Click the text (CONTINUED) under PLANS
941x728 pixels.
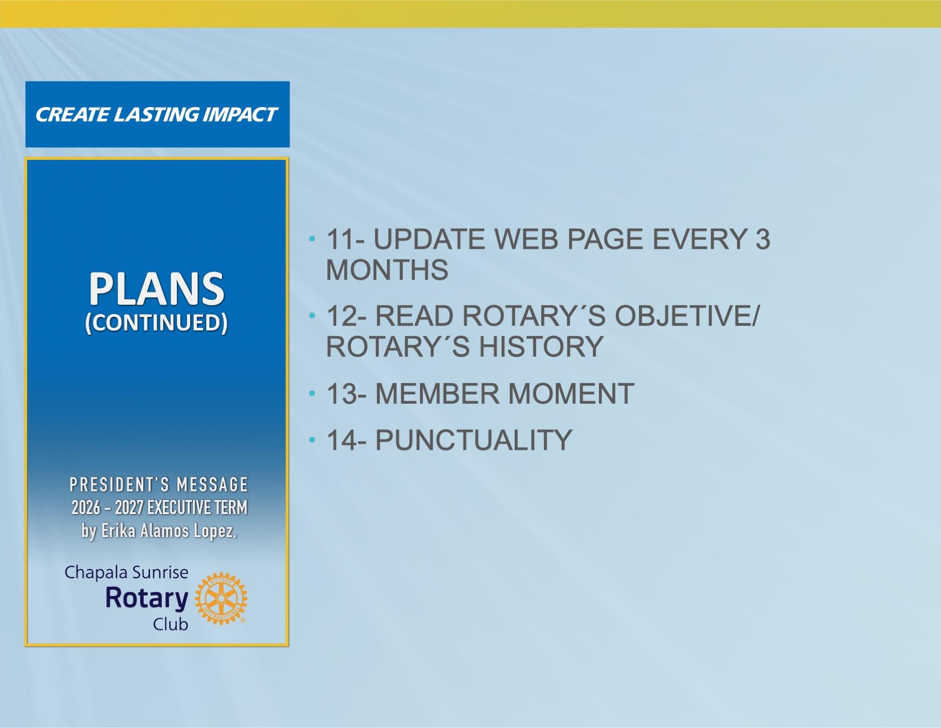coord(156,323)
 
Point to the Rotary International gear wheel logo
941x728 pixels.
coord(221,598)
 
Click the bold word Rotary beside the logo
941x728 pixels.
coord(147,598)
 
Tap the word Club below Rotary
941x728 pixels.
coord(171,624)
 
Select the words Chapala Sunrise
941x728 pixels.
coord(126,572)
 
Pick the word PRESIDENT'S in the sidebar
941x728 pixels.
coord(120,485)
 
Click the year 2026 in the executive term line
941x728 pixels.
coord(86,507)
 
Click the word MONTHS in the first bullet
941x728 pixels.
coord(387,270)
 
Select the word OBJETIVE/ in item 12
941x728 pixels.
coord(687,316)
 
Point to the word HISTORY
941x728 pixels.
coord(541,346)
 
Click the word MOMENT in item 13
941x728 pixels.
coord(571,393)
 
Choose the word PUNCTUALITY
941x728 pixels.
coord(474,440)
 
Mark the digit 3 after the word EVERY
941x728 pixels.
coord(763,239)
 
